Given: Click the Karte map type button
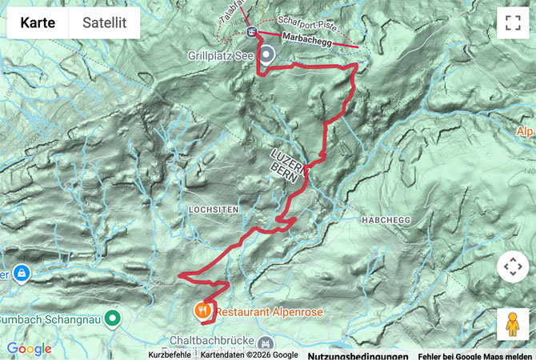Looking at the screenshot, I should [x=38, y=23].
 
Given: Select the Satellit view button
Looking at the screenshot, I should [x=104, y=23].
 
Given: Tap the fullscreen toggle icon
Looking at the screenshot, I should [x=512, y=23].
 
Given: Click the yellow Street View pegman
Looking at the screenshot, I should [x=512, y=324].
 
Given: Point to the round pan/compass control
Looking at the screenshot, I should [x=512, y=266].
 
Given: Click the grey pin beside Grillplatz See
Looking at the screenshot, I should [x=267, y=54].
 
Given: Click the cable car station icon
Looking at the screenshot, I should [x=253, y=32].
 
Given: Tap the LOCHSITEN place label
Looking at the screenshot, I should [x=213, y=209].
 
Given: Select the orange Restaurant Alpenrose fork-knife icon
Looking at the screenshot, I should [x=202, y=308].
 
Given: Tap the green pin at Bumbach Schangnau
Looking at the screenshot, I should [x=113, y=318].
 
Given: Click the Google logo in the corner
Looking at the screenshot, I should [x=29, y=349].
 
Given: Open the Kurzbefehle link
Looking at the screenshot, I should [x=170, y=355].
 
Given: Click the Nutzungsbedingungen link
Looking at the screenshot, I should [x=358, y=355].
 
